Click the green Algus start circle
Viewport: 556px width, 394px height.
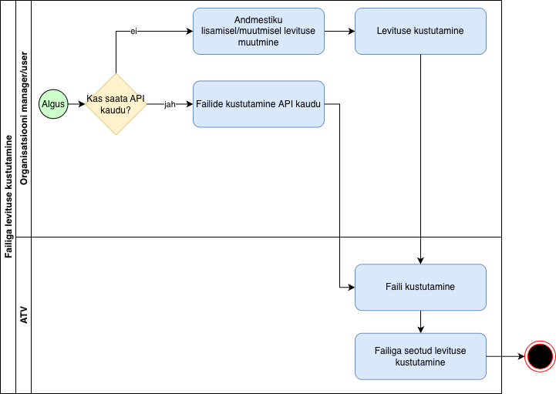(x=53, y=104)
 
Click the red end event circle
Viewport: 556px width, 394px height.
(x=539, y=356)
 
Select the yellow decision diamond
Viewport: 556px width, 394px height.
(x=115, y=104)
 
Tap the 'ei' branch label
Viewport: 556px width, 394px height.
(x=133, y=32)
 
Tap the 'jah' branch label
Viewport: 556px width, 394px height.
(x=170, y=104)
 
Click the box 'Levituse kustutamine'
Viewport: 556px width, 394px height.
(x=420, y=31)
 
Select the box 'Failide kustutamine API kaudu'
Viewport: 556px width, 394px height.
(x=258, y=103)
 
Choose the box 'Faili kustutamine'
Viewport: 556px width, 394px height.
(x=420, y=287)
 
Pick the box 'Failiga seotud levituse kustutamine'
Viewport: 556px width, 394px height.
(x=420, y=356)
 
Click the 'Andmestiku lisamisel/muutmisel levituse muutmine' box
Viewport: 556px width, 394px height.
(x=258, y=31)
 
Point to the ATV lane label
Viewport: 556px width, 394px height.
(x=23, y=315)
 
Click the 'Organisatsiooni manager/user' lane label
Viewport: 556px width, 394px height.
(x=23, y=120)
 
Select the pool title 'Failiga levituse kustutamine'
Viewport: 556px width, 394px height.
(x=8, y=197)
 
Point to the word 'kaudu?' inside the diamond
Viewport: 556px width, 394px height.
(x=115, y=110)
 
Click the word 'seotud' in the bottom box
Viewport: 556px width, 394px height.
(x=417, y=351)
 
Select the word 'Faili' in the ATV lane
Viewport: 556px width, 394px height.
(x=396, y=287)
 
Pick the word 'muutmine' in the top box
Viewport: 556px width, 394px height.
(x=258, y=42)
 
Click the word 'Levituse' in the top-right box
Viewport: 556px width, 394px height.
(x=395, y=31)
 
